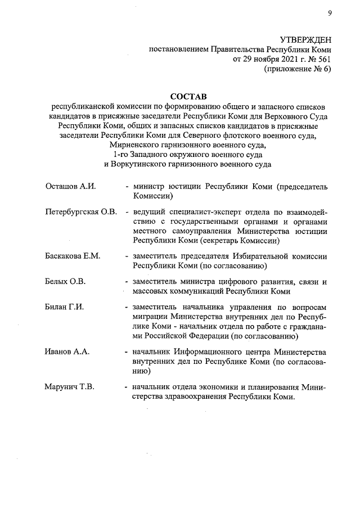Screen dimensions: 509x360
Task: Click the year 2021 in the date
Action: click(284, 59)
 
